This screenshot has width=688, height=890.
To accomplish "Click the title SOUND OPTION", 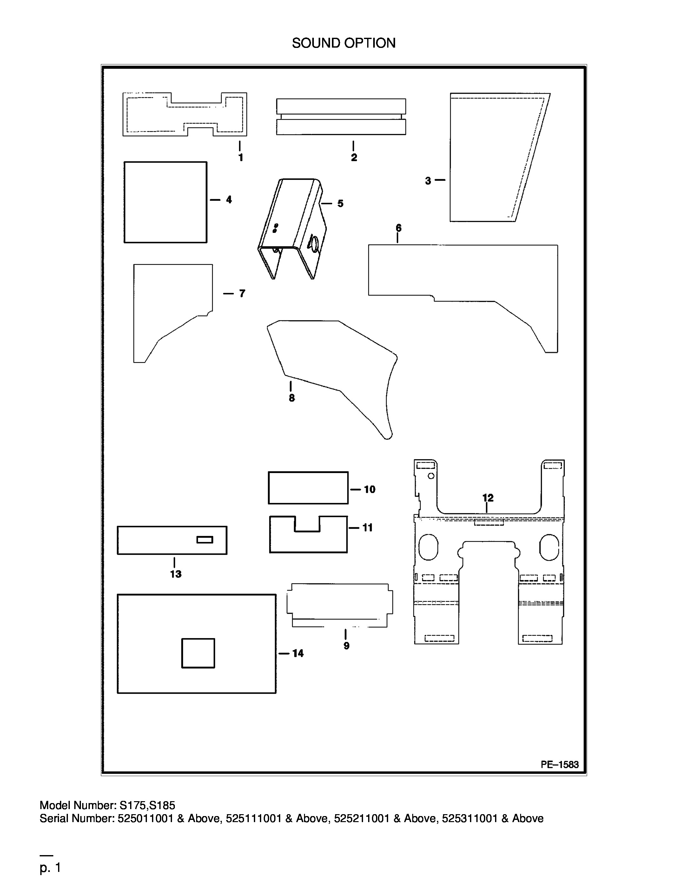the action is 344,43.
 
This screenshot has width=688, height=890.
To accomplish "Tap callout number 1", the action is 241,157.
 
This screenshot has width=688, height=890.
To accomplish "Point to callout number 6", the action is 399,228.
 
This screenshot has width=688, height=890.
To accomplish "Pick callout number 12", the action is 488,498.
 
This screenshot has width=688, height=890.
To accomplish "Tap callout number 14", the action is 298,653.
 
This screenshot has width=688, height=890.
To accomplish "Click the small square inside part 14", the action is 198,653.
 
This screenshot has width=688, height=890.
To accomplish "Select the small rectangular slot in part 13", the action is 205,539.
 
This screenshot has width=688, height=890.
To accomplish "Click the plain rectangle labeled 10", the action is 308,488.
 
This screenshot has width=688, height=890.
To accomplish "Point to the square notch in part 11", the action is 307,524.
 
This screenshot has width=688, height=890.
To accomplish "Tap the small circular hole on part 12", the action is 431,476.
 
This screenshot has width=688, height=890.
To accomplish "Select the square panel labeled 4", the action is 165,202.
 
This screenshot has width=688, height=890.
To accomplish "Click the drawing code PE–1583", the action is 559,764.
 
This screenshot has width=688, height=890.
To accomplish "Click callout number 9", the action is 347,646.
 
